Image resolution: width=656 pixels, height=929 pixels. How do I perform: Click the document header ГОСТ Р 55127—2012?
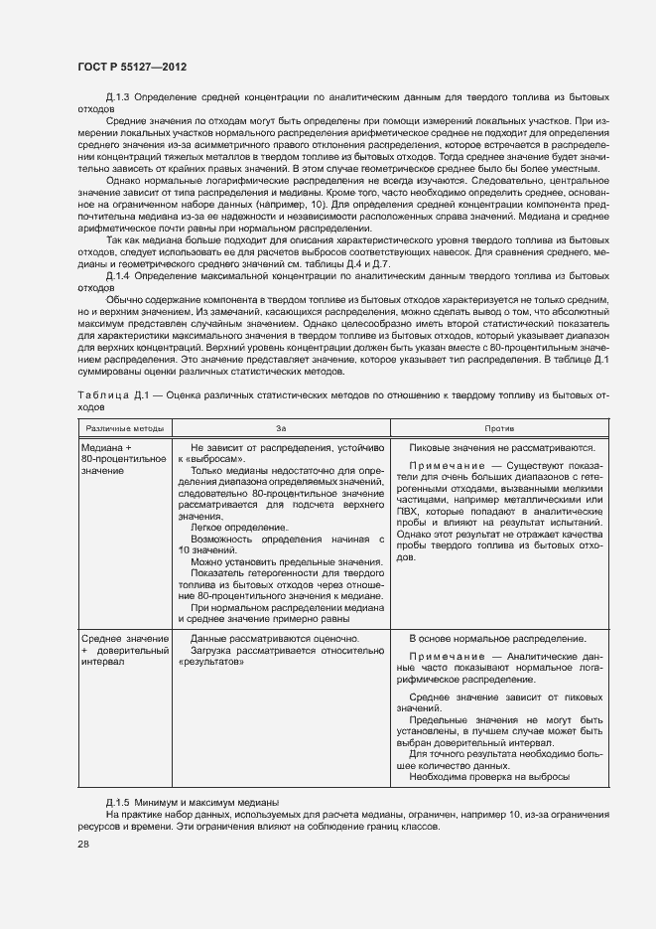coord(132,67)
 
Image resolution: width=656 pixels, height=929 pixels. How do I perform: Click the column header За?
coord(281,427)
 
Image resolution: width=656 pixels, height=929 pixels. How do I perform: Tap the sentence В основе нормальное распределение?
coord(497,638)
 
